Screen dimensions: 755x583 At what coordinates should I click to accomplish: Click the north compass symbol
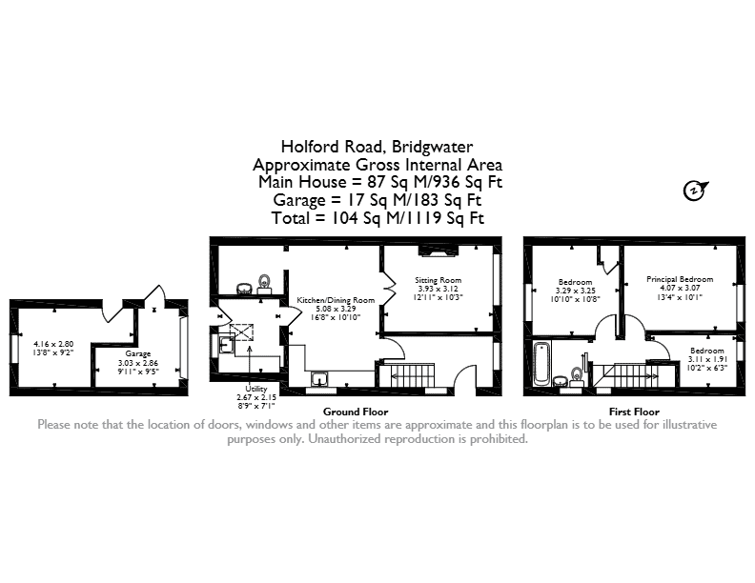[x=695, y=191]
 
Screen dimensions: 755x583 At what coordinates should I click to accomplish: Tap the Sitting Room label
[x=439, y=280]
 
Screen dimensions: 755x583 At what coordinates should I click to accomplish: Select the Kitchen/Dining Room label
[x=336, y=300]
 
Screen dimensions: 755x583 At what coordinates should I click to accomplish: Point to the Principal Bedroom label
[x=680, y=279]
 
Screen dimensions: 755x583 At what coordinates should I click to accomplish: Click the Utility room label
[x=256, y=389]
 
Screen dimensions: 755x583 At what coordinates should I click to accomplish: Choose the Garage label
[x=138, y=354]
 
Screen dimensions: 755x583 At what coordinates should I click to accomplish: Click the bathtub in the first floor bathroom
[x=541, y=364]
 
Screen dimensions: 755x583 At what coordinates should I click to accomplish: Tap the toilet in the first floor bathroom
[x=577, y=376]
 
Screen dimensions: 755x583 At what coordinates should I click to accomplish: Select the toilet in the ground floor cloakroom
[x=264, y=284]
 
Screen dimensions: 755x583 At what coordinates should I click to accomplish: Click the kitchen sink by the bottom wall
[x=319, y=379]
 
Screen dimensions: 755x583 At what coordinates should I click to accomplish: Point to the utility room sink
[x=226, y=345]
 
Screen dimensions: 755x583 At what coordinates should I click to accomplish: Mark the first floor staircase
[x=625, y=375]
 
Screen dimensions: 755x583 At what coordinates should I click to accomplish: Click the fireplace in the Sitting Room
[x=438, y=251]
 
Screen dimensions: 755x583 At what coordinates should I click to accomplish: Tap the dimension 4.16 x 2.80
[x=53, y=344]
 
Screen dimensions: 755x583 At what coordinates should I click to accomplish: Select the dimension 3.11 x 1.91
[x=707, y=359]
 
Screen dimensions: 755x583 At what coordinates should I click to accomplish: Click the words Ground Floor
[x=356, y=412]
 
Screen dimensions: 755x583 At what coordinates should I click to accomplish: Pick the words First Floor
[x=634, y=412]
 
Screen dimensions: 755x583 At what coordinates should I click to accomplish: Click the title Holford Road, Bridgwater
[x=377, y=147]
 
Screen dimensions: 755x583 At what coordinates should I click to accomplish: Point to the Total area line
[x=377, y=218]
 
